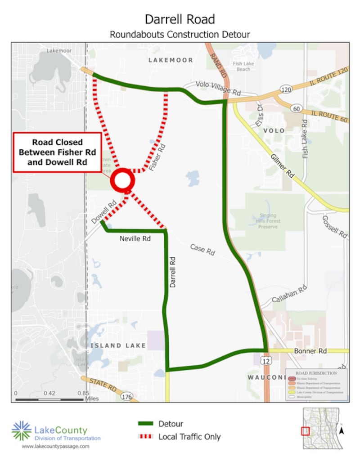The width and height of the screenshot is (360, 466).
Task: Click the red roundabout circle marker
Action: (x=123, y=181)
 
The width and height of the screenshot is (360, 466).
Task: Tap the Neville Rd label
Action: (x=135, y=239)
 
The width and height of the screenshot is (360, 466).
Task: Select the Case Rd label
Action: (x=202, y=250)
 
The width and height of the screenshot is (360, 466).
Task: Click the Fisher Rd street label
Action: (x=157, y=155)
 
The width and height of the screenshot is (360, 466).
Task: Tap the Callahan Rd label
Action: (x=290, y=295)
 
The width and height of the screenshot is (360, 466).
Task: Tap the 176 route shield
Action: (x=127, y=397)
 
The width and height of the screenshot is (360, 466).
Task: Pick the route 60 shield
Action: (x=295, y=108)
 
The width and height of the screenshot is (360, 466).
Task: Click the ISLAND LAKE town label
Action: (x=118, y=345)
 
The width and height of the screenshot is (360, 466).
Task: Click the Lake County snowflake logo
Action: (x=22, y=430)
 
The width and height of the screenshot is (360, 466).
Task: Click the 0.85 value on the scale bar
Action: (x=83, y=393)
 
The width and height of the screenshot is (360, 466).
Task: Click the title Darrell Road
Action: (x=180, y=19)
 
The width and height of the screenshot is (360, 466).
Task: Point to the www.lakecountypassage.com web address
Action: (x=55, y=446)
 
